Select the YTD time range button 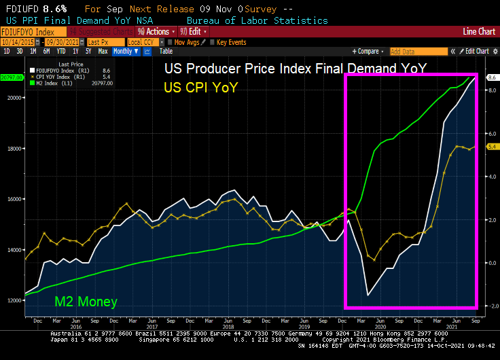click(60, 52)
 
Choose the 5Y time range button click(88, 52)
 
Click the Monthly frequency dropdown click(125, 52)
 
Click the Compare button click(370, 52)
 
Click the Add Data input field click(420, 52)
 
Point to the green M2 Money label click(86, 302)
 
